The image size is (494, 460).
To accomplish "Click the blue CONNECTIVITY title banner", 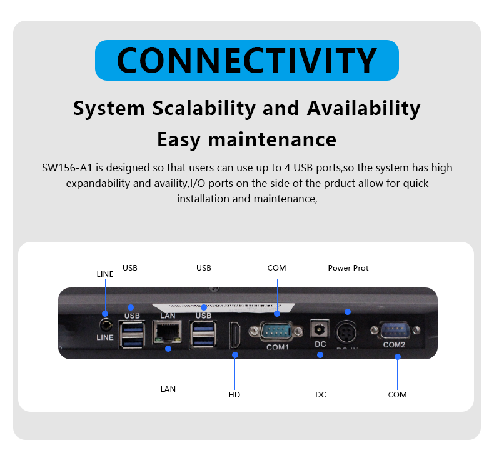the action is [x=247, y=60].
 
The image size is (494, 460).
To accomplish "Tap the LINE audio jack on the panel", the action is [x=105, y=325].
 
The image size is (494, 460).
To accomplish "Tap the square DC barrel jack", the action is [x=320, y=329].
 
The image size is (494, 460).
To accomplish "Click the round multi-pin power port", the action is [x=347, y=331].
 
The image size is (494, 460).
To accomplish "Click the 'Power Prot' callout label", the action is [x=348, y=268].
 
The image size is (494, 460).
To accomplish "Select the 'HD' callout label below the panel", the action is [x=234, y=395].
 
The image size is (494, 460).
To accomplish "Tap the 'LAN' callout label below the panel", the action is [x=168, y=389].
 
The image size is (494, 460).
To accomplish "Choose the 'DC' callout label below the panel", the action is [x=320, y=395].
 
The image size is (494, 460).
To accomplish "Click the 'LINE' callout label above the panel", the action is [x=105, y=274].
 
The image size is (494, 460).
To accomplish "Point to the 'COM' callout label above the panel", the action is [x=276, y=268].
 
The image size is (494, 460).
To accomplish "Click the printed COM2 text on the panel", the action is [x=394, y=344].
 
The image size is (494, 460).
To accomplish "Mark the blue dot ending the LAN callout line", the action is [x=168, y=350].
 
